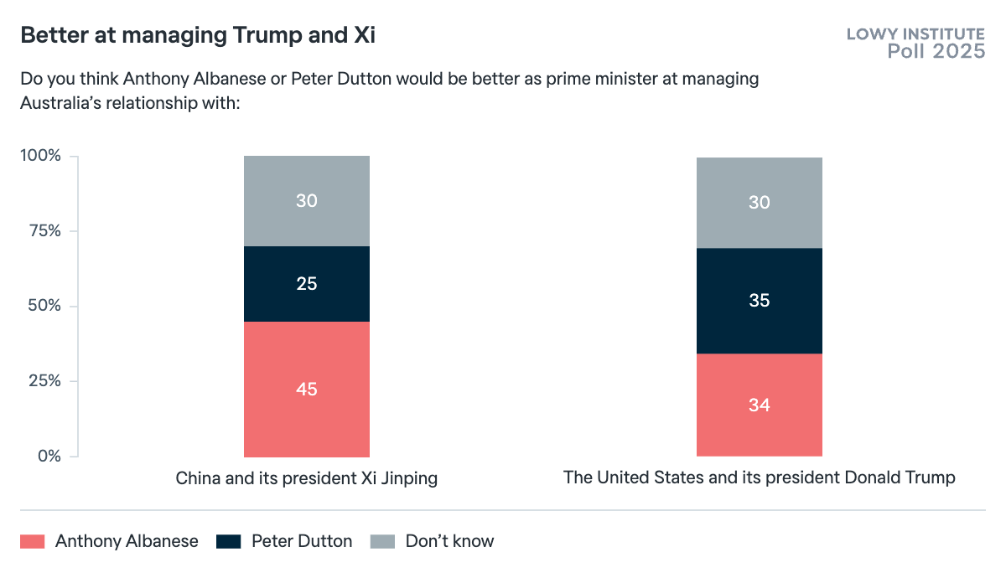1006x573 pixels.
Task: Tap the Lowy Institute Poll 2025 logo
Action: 915,43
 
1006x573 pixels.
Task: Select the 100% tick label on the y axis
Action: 41,156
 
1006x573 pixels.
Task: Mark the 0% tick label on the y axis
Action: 49,457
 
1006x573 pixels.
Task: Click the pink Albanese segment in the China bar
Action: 307,419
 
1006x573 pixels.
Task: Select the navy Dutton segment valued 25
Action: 307,284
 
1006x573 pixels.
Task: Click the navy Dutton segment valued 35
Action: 760,301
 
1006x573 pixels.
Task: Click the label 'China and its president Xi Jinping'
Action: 307,479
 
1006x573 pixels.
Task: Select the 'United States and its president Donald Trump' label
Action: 760,478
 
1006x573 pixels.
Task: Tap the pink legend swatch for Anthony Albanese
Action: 32,541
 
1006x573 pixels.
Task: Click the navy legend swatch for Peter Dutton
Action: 228,541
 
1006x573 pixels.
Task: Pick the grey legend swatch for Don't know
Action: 382,541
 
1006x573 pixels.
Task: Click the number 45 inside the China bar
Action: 307,390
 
